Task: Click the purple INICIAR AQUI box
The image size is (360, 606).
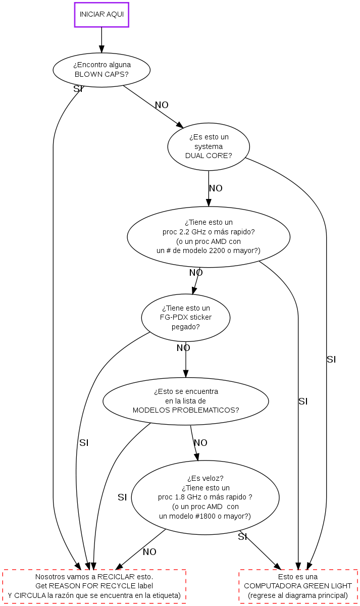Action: pyautogui.click(x=101, y=15)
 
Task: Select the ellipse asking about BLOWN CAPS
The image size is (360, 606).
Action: pyautogui.click(x=101, y=70)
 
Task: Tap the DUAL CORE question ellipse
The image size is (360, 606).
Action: pyautogui.click(x=209, y=146)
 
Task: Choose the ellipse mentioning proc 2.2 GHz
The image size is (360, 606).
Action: pyautogui.click(x=209, y=236)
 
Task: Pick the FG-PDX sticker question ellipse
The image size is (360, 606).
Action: pyautogui.click(x=186, y=317)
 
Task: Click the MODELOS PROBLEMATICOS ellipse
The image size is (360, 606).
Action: pyautogui.click(x=186, y=401)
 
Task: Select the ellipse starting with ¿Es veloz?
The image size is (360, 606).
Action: pyautogui.click(x=205, y=497)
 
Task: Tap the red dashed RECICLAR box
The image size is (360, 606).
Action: pyautogui.click(x=94, y=586)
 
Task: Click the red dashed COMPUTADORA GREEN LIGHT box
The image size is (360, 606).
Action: pyautogui.click(x=298, y=586)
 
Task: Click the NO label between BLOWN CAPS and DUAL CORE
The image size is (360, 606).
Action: pyautogui.click(x=162, y=105)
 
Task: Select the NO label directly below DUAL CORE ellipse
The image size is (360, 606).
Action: pyautogui.click(x=216, y=188)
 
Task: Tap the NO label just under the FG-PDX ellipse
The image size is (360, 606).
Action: pyautogui.click(x=183, y=348)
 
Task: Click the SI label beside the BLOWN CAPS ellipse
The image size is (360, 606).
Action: pyautogui.click(x=78, y=89)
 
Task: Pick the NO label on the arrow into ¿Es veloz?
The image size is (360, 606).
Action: pyautogui.click(x=200, y=443)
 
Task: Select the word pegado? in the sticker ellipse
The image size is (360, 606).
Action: pyautogui.click(x=186, y=327)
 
